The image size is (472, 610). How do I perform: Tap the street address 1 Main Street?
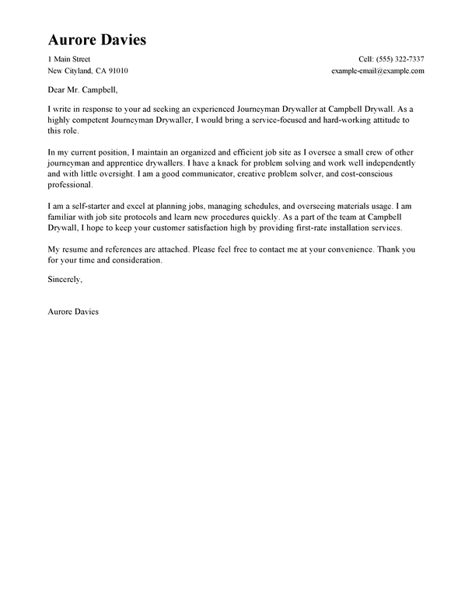pyautogui.click(x=69, y=60)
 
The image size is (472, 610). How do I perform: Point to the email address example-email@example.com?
pyautogui.click(x=377, y=71)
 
